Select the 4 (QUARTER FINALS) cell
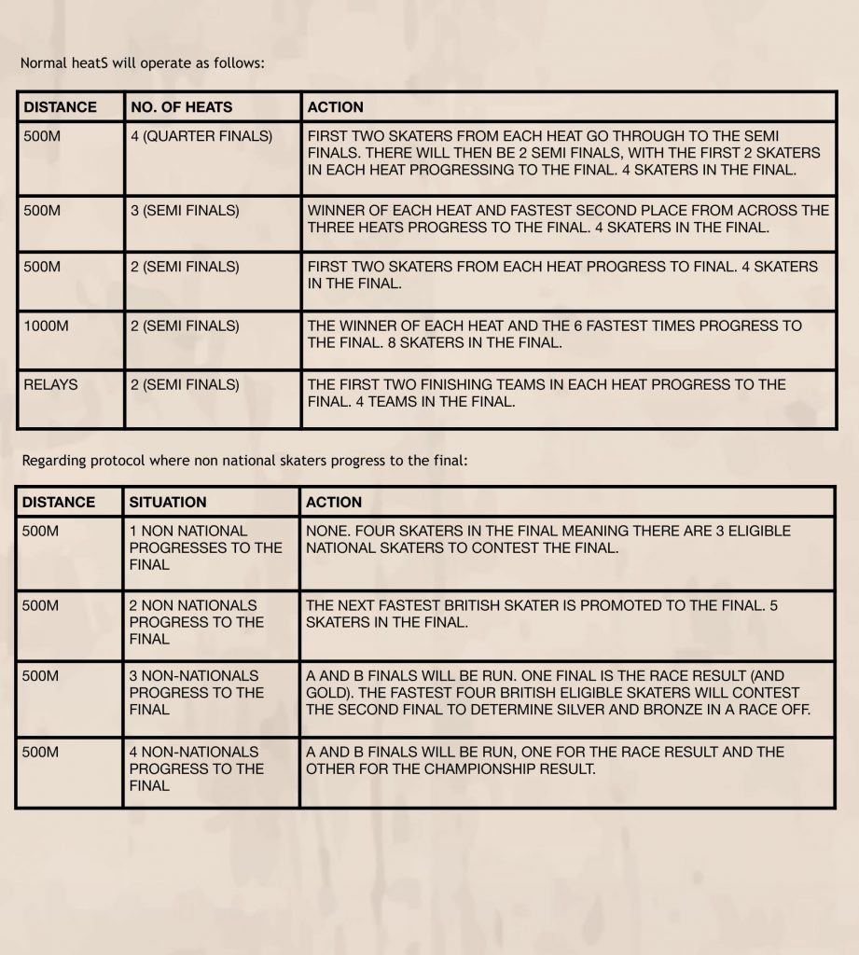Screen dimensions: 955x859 coord(201,136)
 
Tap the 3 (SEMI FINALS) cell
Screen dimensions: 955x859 coord(185,211)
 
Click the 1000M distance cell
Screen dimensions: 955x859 coord(47,325)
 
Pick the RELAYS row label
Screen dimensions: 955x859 coord(51,384)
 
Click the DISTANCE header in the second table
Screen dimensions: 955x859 coord(59,502)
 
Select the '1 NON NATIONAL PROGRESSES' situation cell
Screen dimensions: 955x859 coord(205,547)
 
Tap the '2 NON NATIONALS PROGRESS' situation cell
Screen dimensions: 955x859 coord(196,622)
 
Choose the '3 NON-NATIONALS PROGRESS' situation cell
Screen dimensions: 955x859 coord(196,693)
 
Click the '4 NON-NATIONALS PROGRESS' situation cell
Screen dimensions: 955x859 coord(196,768)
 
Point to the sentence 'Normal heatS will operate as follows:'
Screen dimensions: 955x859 coord(143,64)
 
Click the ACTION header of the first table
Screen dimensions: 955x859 coord(336,107)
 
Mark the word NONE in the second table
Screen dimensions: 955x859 coord(326,531)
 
